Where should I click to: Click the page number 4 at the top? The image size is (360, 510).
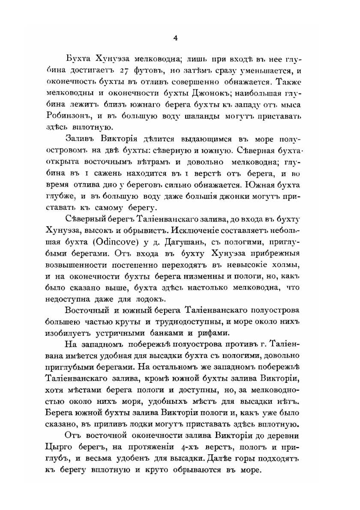[x=175, y=38]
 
